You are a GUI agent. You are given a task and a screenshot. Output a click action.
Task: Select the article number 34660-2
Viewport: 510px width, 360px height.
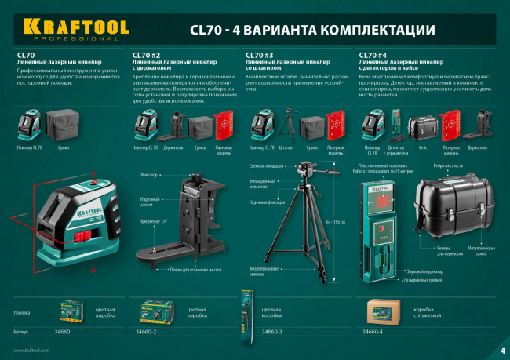click(x=144, y=333)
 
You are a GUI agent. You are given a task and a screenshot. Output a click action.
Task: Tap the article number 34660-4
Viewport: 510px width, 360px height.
click(x=373, y=333)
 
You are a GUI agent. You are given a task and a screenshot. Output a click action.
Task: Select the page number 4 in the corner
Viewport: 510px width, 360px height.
click(x=501, y=350)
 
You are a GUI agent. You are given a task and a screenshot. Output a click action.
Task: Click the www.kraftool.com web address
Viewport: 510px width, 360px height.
click(x=31, y=350)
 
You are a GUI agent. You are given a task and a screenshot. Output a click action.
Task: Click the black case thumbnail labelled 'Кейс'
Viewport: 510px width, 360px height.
click(x=424, y=125)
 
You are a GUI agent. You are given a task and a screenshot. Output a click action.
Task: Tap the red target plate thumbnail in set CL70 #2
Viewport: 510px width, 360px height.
click(x=224, y=125)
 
